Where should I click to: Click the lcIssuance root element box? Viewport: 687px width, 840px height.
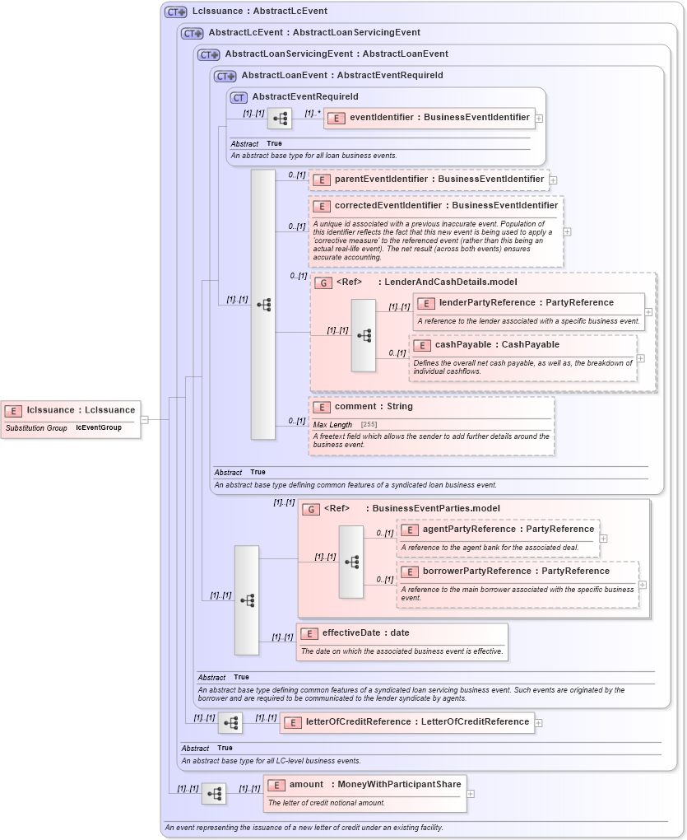tap(72, 410)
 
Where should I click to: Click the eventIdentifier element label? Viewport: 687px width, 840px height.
tap(439, 118)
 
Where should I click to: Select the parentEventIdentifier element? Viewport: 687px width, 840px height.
tap(439, 179)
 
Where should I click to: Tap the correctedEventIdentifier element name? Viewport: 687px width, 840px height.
tap(445, 206)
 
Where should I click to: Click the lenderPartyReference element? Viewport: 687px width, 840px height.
tap(526, 303)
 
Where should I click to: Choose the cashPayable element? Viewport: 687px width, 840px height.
tap(496, 345)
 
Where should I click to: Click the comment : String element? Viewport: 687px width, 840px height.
tap(374, 407)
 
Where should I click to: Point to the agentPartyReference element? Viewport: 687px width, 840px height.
tap(508, 530)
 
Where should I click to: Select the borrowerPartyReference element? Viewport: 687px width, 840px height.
tap(516, 572)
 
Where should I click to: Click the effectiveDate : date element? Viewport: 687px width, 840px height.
tap(365, 633)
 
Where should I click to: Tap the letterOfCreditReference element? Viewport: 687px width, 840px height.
tap(416, 722)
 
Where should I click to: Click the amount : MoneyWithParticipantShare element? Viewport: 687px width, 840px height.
tap(374, 785)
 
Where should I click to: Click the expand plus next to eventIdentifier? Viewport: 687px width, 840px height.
tap(539, 119)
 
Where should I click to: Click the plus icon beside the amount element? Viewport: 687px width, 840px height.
tap(470, 794)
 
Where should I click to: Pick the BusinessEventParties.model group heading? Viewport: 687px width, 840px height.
tap(435, 509)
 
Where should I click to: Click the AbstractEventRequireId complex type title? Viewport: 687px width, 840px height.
tap(304, 97)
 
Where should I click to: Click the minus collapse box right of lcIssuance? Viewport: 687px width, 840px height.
tap(145, 419)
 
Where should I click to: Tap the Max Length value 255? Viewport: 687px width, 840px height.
tap(369, 424)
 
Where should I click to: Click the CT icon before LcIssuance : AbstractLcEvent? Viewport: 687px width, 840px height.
tap(175, 12)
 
